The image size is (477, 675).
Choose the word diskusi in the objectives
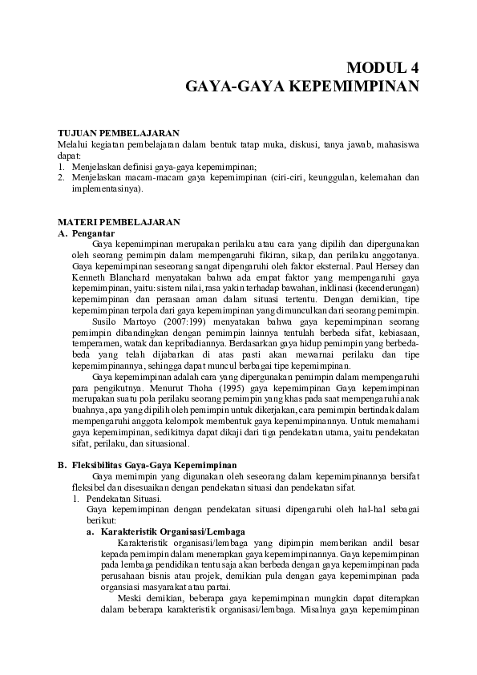pos(299,144)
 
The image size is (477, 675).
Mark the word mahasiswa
pos(396,144)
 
